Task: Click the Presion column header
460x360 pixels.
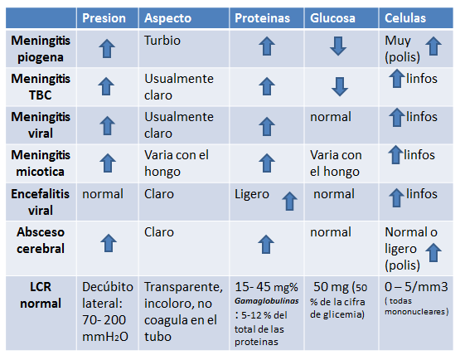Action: pos(106,17)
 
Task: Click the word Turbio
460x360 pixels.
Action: pos(163,40)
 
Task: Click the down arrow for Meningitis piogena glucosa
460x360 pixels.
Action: pos(337,47)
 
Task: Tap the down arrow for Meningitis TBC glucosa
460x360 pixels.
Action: pos(337,86)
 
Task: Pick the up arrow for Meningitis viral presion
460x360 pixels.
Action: pos(106,125)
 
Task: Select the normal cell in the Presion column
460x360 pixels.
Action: pos(102,194)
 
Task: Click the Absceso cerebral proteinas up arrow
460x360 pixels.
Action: pos(265,243)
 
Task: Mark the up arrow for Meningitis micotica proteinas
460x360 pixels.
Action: pos(265,163)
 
